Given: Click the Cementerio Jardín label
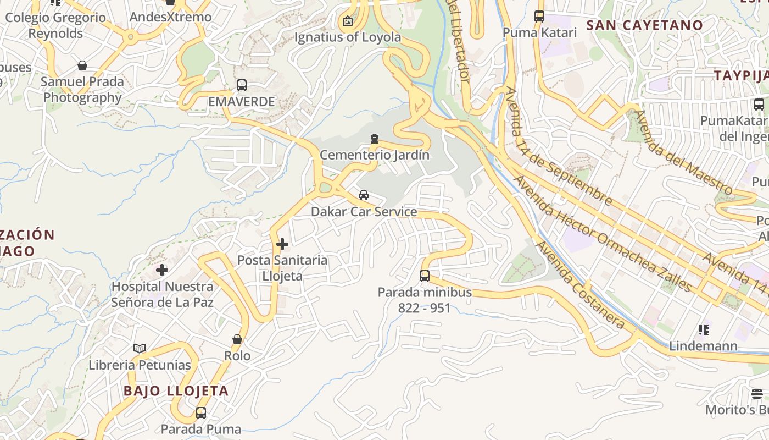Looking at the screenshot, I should pos(375,155).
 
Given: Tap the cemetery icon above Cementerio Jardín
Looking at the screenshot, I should pos(375,138).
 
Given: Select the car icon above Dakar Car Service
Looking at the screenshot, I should pos(364,195).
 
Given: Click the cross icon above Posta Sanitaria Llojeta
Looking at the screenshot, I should pos(282,244).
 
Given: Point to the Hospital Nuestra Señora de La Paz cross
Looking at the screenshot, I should pos(162,270).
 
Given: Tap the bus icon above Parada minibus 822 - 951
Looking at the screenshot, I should pos(425,276).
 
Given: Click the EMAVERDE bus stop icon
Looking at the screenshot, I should pos(241,85).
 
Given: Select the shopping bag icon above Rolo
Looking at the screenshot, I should pos(237,339).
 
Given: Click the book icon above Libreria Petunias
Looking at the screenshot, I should pos(140,348).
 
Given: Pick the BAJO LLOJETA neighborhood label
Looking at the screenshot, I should pos(176,391).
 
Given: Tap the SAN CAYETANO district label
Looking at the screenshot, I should pos(644,25).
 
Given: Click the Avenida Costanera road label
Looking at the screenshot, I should pos(581,286).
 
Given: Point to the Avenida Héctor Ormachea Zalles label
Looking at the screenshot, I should pos(601,233).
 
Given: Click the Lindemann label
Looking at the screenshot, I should pos(703,346).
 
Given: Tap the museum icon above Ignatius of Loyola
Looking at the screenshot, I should pos(347,21).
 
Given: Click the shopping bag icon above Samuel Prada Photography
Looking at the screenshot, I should pos(82,65).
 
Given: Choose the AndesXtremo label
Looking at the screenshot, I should pos(170,17).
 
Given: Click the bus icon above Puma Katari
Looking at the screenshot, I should pos(539,16).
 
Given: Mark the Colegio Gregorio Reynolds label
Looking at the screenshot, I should pos(55,25).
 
